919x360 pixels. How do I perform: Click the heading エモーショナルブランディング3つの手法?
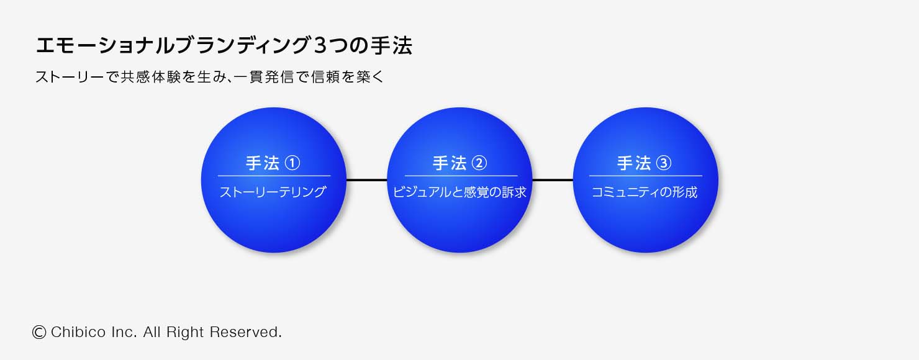pos(224,47)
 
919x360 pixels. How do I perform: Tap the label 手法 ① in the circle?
pos(273,163)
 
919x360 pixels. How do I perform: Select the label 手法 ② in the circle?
pos(460,163)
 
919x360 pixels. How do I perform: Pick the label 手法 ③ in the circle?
pos(645,163)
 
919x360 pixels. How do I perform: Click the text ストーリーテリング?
pos(273,192)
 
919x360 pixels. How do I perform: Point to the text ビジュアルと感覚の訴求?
pos(460,192)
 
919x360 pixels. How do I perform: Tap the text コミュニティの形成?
pos(645,192)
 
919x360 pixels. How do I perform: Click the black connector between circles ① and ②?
pos(366,180)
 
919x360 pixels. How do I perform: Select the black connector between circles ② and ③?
pos(552,180)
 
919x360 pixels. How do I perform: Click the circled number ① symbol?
pos(292,163)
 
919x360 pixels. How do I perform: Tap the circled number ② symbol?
pos(479,163)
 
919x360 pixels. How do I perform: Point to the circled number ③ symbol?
pos(663,163)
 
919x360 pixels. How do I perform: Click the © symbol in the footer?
pos(39,333)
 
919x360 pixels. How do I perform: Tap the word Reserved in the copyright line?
pos(245,333)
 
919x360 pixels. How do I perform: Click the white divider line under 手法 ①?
pos(273,176)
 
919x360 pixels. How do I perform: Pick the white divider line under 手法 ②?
pos(461,176)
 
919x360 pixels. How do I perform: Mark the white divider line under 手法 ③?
pos(645,176)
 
